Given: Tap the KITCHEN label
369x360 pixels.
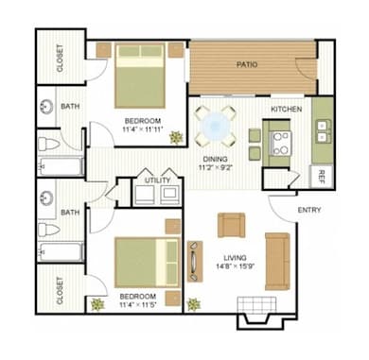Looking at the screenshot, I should click(x=287, y=110).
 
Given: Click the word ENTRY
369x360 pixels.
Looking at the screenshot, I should click(x=309, y=210).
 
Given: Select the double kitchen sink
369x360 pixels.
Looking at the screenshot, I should click(x=323, y=129).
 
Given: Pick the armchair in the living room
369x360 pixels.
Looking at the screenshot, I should click(x=231, y=225).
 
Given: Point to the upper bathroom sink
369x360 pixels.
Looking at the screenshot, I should click(x=46, y=107).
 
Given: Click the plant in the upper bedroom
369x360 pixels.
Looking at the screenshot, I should click(x=176, y=137).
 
